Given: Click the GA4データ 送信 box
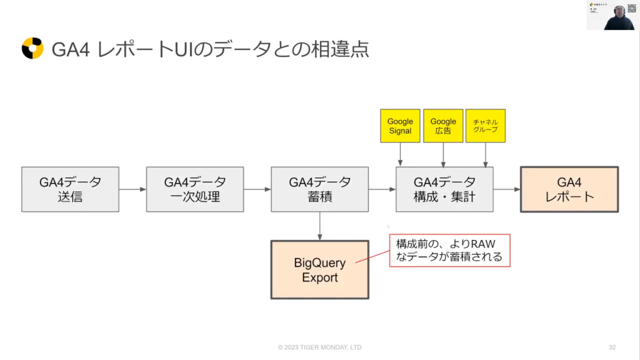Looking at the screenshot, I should tap(70, 189).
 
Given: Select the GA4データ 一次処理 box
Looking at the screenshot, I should tap(194, 189).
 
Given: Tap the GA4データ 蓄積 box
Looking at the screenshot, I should tap(319, 189).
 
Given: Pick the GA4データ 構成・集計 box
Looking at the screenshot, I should tap(444, 189).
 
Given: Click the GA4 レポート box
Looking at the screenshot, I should tap(569, 189).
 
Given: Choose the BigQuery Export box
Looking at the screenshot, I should tap(319, 269).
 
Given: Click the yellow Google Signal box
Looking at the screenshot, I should tap(400, 126).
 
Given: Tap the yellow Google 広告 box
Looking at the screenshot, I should tap(443, 126).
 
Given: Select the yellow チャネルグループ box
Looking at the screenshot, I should tap(486, 126).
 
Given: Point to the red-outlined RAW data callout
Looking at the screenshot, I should tap(449, 250).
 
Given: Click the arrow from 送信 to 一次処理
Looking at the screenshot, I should tap(132, 189).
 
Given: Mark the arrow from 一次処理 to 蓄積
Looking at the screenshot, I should tap(257, 189).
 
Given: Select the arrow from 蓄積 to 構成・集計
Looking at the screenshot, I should tap(382, 189).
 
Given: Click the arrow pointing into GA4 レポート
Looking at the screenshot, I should tap(507, 189).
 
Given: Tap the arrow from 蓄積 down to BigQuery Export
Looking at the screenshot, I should tap(319, 225).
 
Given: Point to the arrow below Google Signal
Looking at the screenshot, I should tap(400, 154).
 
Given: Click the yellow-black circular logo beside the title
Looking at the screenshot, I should tap(32, 49).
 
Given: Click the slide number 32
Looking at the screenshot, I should tap(612, 347).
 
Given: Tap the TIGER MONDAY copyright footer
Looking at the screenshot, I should tap(319, 347).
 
